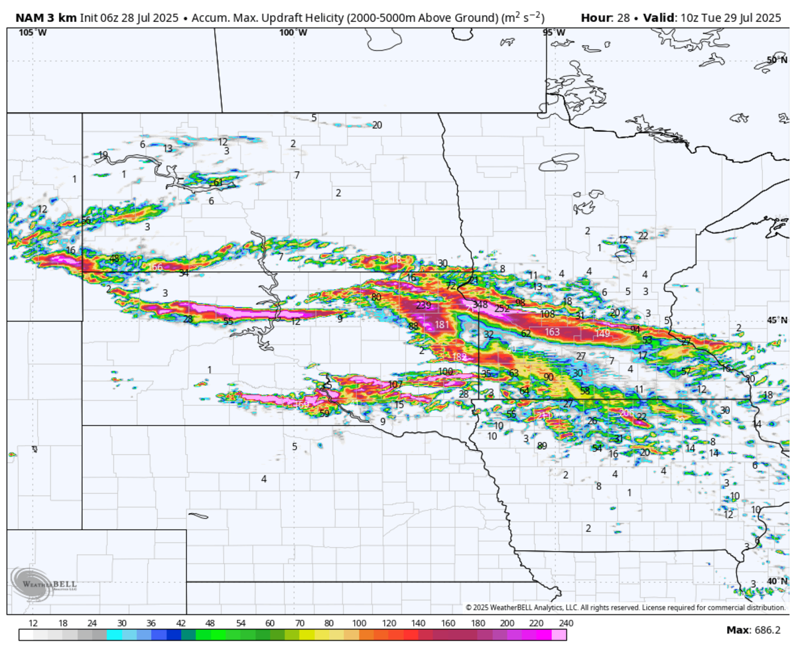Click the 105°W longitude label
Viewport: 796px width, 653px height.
[28, 32]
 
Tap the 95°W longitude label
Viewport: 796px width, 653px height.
[553, 32]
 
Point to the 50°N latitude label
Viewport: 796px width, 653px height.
[776, 60]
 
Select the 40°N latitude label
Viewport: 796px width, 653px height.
[776, 581]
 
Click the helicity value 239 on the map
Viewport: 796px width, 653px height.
[423, 306]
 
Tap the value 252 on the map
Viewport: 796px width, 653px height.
[501, 308]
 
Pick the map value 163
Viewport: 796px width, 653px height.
[552, 331]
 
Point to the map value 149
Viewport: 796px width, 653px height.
[602, 333]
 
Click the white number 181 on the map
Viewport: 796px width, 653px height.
[442, 325]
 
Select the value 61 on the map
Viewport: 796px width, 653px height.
[218, 182]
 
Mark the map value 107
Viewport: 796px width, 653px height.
[395, 385]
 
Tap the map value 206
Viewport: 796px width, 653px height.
[626, 413]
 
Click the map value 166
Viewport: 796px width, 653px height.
[155, 267]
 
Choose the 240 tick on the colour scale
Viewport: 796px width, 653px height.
[566, 623]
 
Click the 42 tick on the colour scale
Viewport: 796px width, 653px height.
[181, 623]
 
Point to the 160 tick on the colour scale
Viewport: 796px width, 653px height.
[448, 623]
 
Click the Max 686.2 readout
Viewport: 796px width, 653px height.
[754, 629]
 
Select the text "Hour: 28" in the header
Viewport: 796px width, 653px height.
[604, 18]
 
